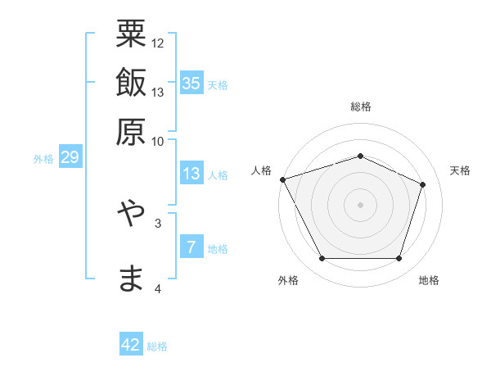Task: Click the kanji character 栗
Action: pos(131,36)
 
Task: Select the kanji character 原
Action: pos(131,130)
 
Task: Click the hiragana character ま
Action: pos(131,278)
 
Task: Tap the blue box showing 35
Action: pos(191,84)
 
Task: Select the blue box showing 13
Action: pos(191,174)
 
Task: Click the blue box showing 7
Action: pos(191,248)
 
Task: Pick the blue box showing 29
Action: pos(70,158)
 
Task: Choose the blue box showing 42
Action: pos(131,345)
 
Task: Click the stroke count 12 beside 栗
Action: pos(158,43)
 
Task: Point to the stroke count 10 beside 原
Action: pos(158,141)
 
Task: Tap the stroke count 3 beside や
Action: pos(158,222)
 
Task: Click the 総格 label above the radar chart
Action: pos(360,107)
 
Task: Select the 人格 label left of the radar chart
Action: pos(263,170)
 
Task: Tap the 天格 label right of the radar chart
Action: pos(460,170)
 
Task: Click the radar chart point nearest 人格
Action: pos(282,179)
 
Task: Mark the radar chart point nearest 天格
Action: pos(423,184)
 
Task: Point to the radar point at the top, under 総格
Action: pos(360,156)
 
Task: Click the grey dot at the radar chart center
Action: pos(360,205)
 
